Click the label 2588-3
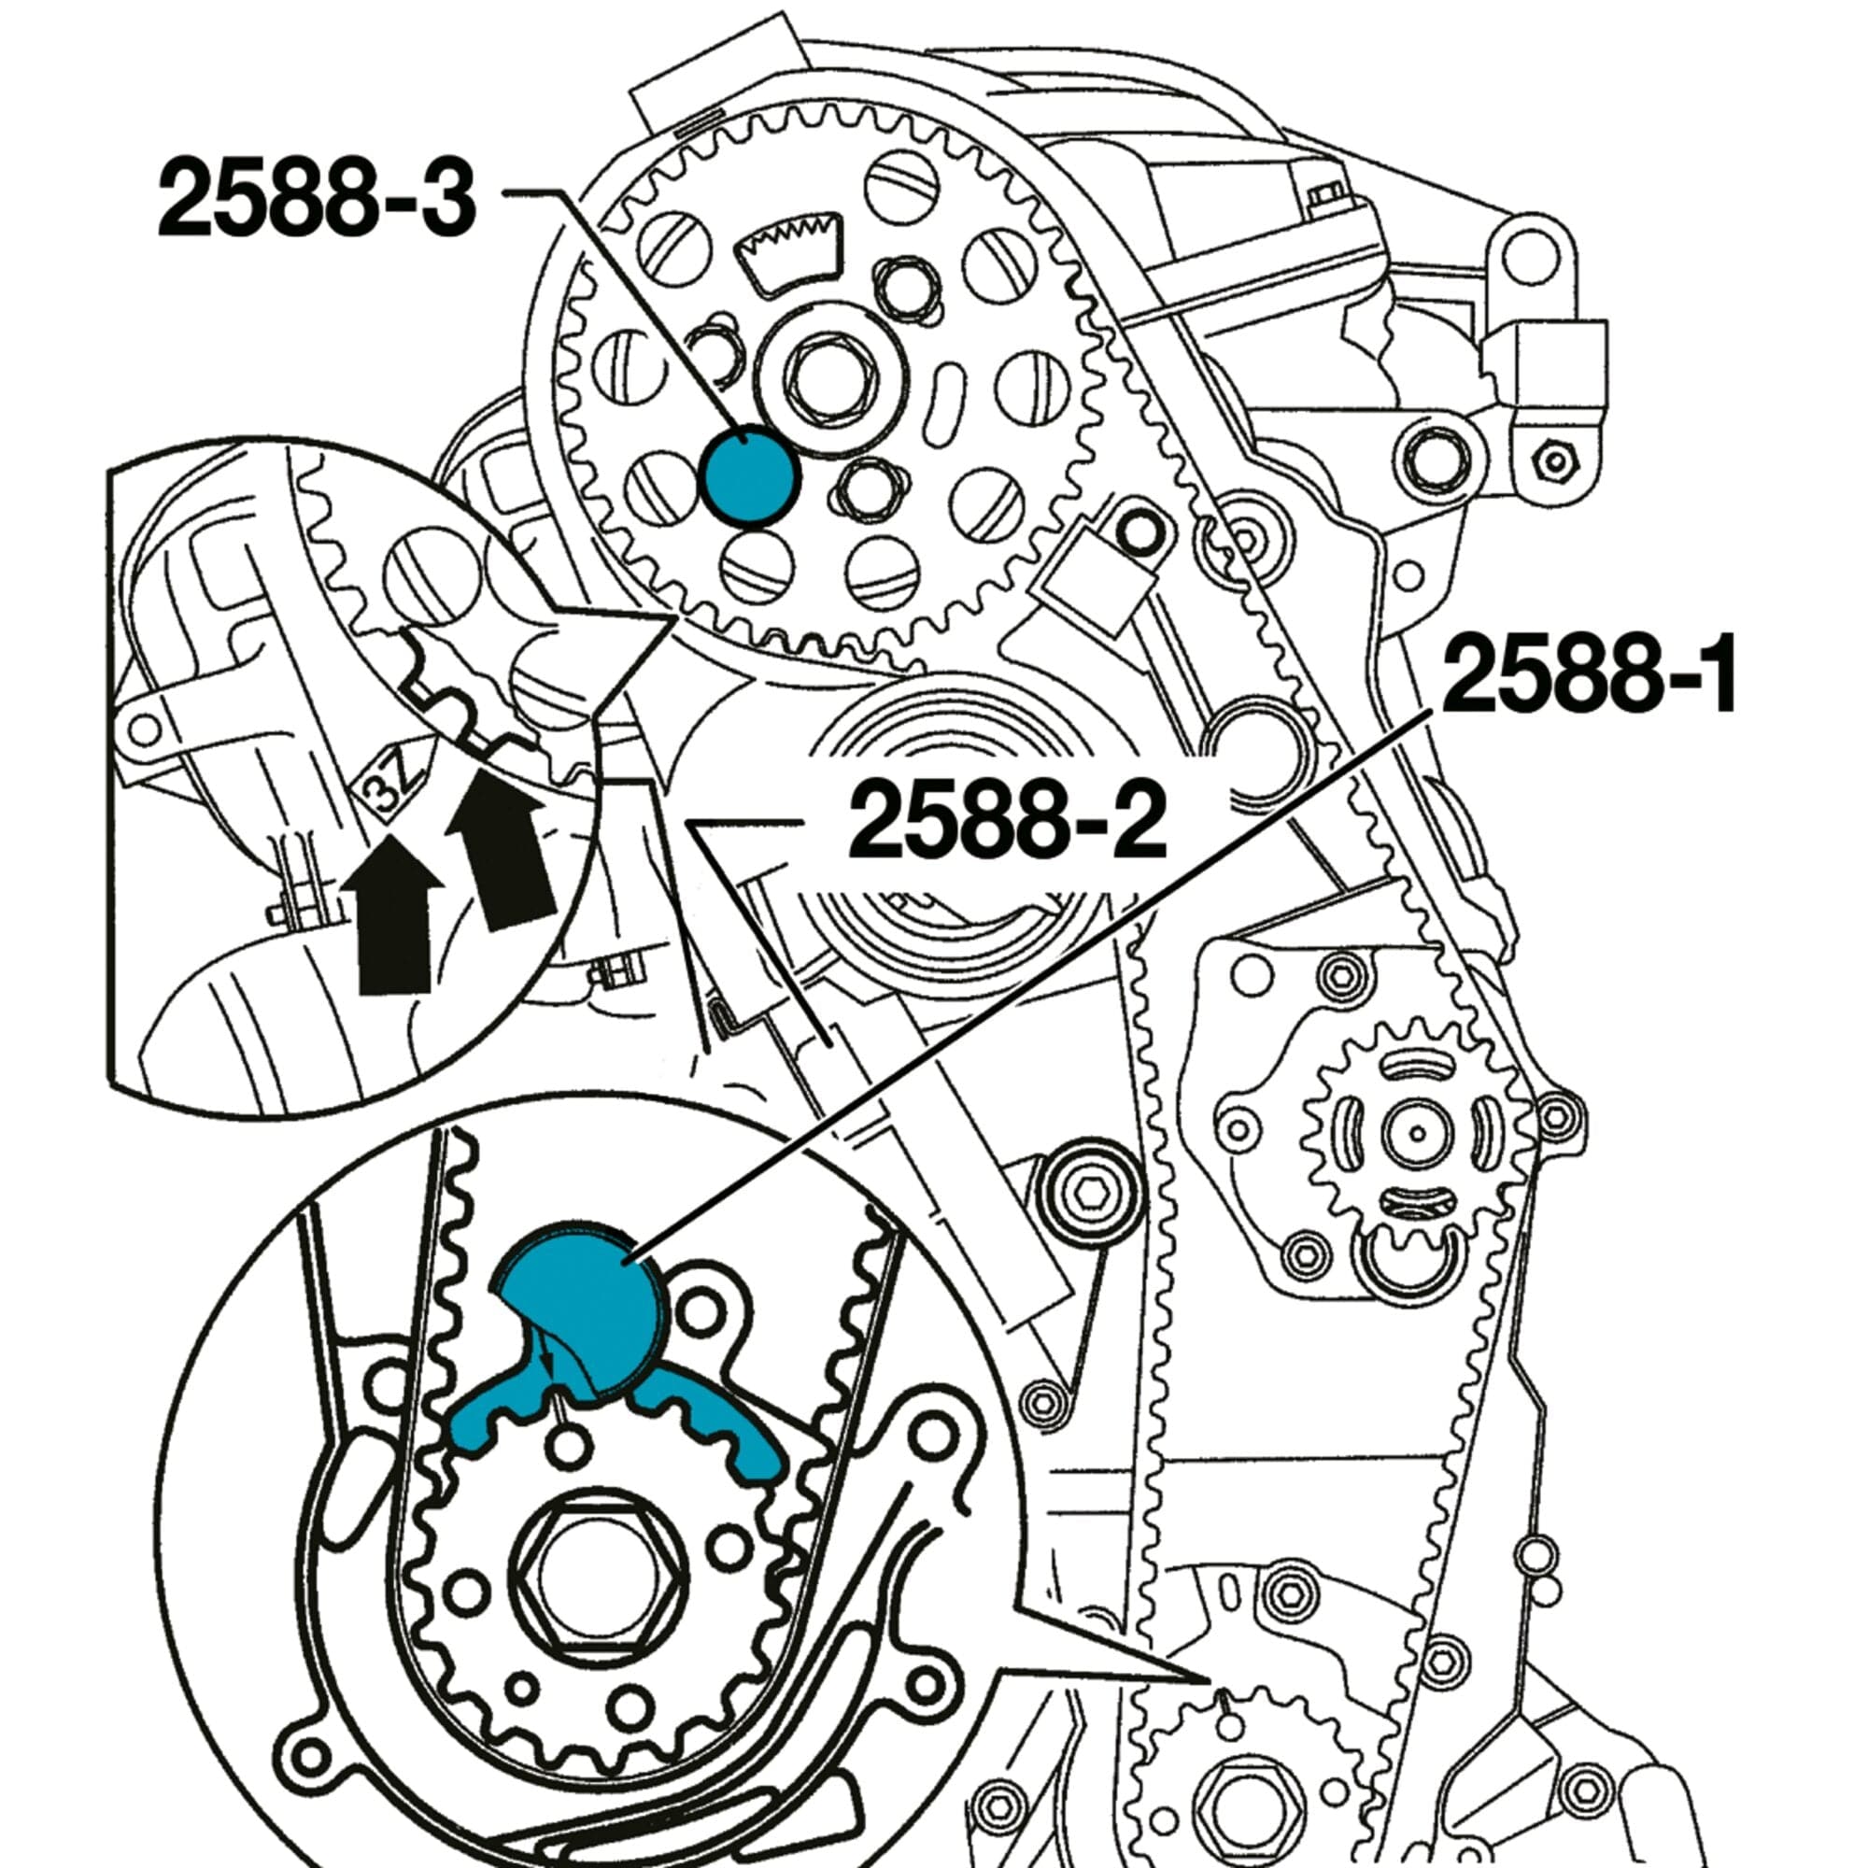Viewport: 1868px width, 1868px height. click(317, 199)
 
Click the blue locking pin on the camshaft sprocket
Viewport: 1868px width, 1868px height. click(749, 476)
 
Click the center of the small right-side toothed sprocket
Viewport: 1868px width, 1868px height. click(1418, 1132)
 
